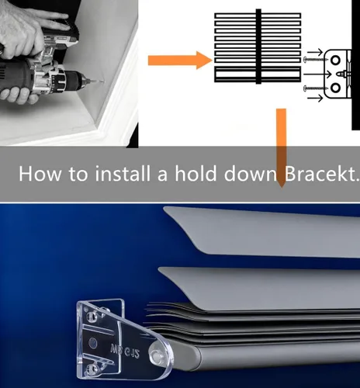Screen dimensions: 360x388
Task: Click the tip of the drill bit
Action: click(104, 82)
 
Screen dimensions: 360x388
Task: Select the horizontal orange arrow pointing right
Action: click(180, 61)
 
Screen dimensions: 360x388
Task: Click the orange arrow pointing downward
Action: click(281, 148)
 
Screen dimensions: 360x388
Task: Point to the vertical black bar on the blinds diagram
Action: click(258, 47)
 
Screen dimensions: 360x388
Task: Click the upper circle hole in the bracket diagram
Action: click(335, 61)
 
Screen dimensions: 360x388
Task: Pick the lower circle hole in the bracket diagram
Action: click(335, 88)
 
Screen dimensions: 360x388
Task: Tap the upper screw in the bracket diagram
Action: click(317, 60)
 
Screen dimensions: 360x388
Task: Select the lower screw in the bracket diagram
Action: click(317, 88)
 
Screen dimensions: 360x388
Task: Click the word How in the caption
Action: click(40, 173)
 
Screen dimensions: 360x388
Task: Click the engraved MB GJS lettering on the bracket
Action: click(125, 350)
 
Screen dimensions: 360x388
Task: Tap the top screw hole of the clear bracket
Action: click(91, 316)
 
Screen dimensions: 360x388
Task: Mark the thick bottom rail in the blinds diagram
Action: click(258, 74)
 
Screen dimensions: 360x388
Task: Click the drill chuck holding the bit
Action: click(77, 79)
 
